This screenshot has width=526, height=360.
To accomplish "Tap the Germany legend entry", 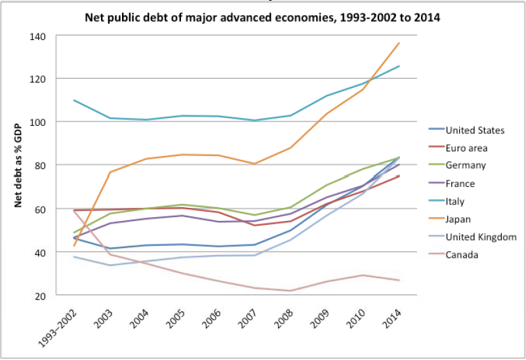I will (x=465, y=166).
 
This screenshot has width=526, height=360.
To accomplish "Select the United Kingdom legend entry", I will (x=481, y=237).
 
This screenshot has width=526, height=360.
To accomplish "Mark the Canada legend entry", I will (x=462, y=254).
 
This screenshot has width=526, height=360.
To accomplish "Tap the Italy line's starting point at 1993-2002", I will (x=74, y=100).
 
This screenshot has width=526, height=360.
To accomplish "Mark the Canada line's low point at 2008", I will (x=289, y=290).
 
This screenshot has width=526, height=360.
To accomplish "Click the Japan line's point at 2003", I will (x=110, y=172).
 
